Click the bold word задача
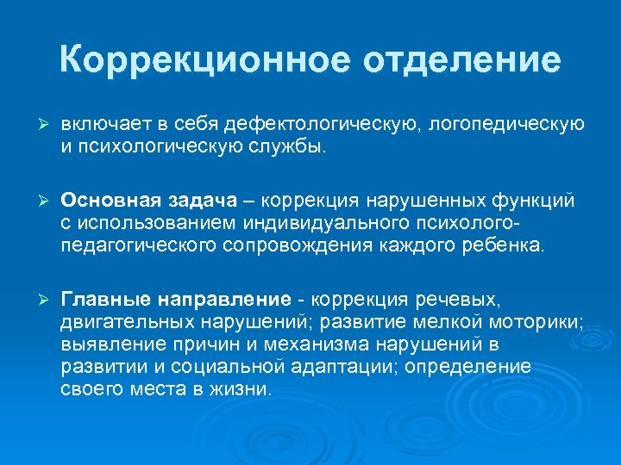pyautogui.click(x=199, y=201)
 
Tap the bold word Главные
pyautogui.click(x=105, y=300)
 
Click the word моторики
pyautogui.click(x=532, y=322)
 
